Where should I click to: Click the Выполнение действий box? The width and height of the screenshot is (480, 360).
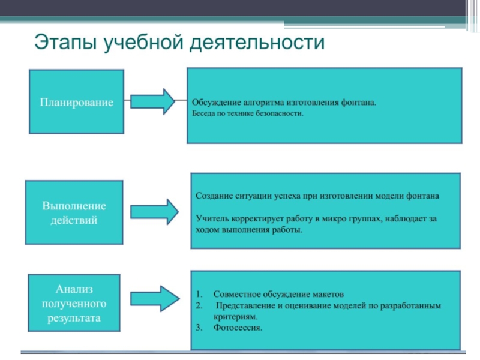click(x=74, y=213)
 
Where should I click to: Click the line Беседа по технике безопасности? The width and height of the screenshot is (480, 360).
click(x=248, y=112)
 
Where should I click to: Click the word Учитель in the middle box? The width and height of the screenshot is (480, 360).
click(x=211, y=219)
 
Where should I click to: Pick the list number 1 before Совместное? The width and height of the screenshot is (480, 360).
click(x=198, y=295)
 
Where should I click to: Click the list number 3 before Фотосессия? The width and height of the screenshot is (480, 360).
click(x=198, y=328)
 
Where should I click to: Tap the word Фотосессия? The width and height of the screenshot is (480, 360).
click(x=238, y=328)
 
